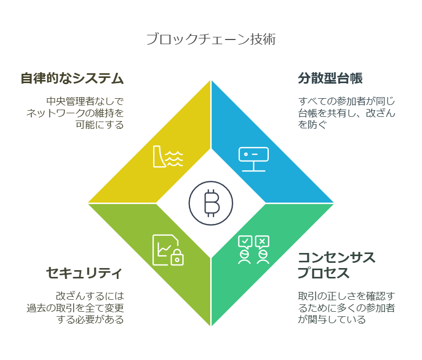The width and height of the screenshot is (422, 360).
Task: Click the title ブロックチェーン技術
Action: pos(211,39)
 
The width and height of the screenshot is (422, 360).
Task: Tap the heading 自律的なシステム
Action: pos(72,78)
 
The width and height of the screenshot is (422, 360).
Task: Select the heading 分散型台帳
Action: pos(330,78)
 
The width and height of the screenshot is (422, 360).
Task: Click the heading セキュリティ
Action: pos(85,273)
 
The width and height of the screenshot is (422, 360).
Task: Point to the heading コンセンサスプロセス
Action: pos(336,265)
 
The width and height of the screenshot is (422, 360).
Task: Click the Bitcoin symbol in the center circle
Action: pos(212,203)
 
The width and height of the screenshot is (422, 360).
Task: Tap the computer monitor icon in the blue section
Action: pos(253,159)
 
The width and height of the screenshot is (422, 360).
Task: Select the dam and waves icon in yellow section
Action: pos(168,156)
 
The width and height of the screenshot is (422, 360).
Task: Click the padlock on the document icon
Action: pos(177,258)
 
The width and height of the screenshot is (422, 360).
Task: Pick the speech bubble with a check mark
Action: pos(245,242)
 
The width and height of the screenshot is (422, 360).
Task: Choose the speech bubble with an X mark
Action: pos(262,242)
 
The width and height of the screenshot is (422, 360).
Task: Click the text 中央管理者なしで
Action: pos(85,101)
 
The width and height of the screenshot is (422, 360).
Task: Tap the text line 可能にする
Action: pos(100,125)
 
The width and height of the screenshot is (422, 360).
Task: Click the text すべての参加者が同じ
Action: pos(346,101)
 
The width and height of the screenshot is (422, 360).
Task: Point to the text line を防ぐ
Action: pos(312,125)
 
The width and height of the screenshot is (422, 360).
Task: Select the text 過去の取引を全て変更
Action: pos(75,308)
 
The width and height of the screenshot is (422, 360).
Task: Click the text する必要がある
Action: pos(90,319)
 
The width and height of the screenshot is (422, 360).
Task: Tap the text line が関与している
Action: pos(332,319)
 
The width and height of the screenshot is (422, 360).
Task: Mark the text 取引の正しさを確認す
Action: pos(346,296)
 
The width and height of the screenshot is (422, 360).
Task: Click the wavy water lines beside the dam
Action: pos(174,158)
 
